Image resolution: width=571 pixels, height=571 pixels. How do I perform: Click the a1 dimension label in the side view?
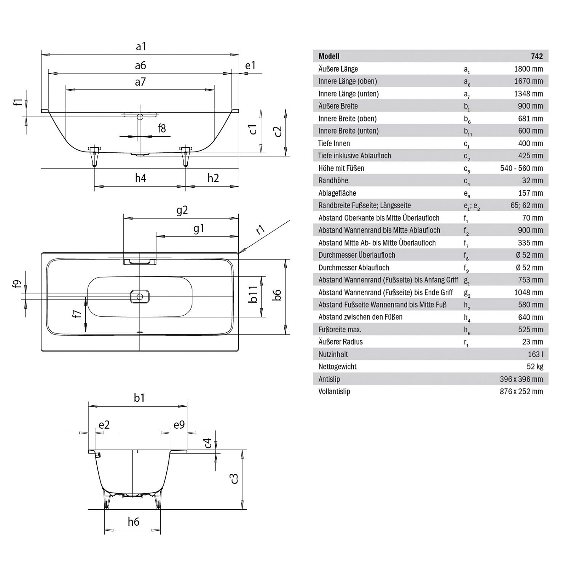click(141, 46)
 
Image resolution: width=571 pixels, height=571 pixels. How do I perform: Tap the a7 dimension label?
click(140, 82)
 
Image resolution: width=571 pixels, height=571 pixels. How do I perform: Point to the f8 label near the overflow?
click(162, 128)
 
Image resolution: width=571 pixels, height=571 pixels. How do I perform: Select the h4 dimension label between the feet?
click(140, 178)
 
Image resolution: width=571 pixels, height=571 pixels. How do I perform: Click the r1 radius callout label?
click(260, 229)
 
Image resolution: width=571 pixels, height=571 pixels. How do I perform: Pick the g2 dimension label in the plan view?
click(182, 210)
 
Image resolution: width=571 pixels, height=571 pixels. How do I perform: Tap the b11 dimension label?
click(254, 294)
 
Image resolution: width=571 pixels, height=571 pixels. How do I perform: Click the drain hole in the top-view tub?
click(140, 297)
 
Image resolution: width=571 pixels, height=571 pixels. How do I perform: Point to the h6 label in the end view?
click(134, 522)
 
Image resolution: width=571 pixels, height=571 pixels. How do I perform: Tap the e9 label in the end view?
click(179, 425)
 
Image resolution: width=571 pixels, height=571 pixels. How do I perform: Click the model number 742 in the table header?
click(537, 56)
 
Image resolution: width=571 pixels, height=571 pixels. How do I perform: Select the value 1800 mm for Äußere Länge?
click(528, 69)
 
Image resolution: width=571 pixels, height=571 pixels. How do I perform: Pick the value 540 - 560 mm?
click(522, 168)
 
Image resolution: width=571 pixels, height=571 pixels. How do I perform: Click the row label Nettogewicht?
click(337, 367)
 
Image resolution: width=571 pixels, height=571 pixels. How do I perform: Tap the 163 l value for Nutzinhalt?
click(535, 354)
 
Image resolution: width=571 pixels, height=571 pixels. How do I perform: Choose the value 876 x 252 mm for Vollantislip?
click(521, 391)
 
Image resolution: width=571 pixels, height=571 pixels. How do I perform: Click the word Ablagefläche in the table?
click(337, 193)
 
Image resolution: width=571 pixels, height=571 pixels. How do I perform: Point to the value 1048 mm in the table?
click(528, 292)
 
